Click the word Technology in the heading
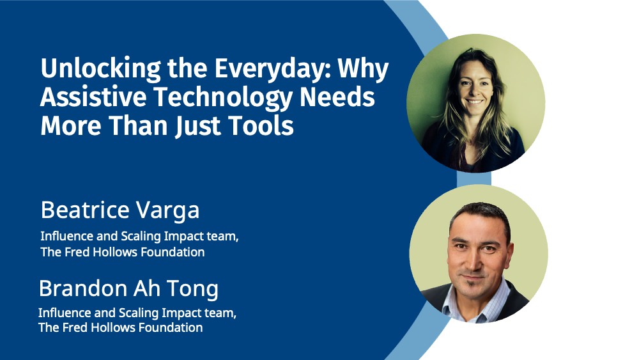[x=223, y=98]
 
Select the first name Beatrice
[x=85, y=210]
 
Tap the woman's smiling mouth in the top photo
[x=474, y=102]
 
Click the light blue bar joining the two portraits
[x=474, y=178]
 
